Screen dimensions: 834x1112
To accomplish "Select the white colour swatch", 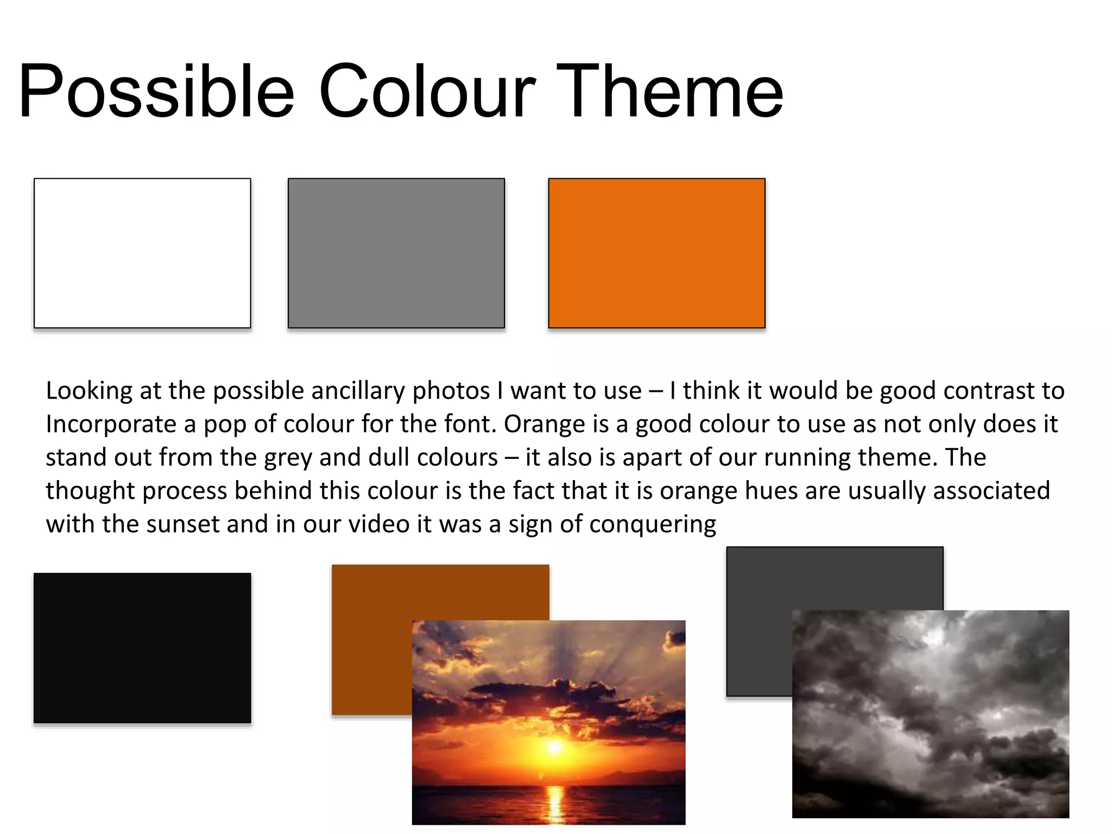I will pyautogui.click(x=142, y=253).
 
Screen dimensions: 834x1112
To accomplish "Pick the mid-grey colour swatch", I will pyautogui.click(x=396, y=253).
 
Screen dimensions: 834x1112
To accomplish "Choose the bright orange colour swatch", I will pyautogui.click(x=656, y=253).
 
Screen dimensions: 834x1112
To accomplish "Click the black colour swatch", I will pyautogui.click(x=142, y=648).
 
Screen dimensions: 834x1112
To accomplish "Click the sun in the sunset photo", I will pyautogui.click(x=554, y=747).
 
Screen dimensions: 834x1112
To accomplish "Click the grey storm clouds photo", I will pyautogui.click(x=930, y=713).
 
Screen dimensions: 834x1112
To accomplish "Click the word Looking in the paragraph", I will pyautogui.click(x=89, y=391).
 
